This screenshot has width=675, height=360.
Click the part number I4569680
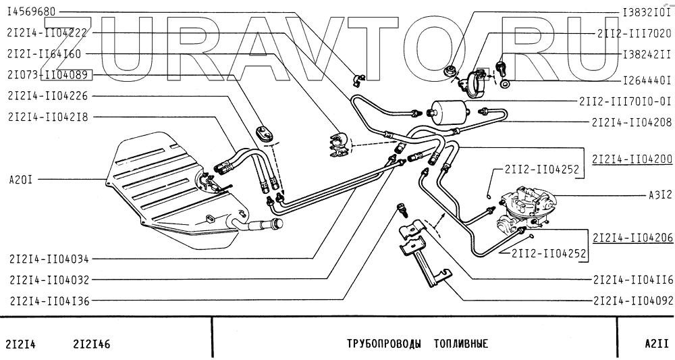32,12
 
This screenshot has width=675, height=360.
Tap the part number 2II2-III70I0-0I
624,102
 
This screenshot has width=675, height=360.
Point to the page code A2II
655,343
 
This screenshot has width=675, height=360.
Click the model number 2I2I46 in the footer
91,343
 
